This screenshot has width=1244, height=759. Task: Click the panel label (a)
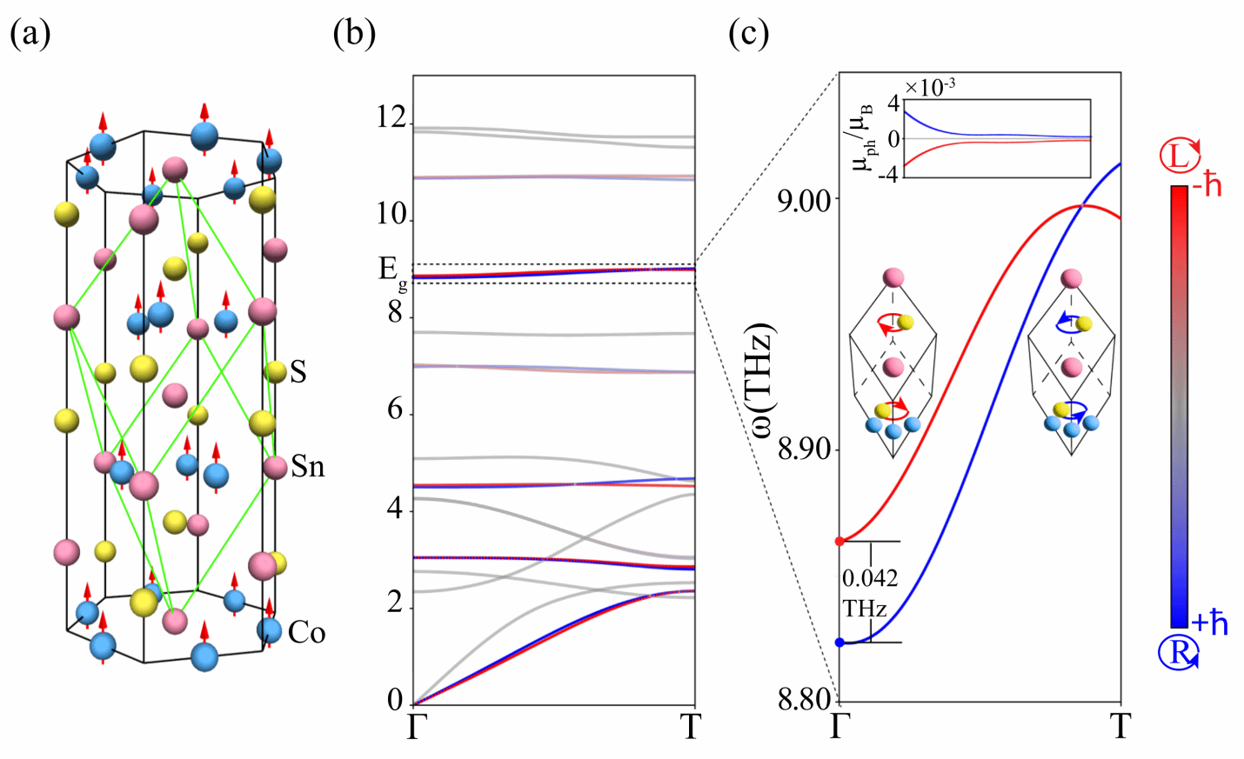[30, 34]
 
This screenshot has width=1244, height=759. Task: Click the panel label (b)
[355, 34]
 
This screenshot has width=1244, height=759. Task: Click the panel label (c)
[749, 34]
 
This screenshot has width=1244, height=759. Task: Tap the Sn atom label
[307, 467]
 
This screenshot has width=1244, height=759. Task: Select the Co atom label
[306, 632]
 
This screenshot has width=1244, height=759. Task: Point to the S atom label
[298, 372]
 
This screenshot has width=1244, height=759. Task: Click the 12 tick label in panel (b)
[391, 117]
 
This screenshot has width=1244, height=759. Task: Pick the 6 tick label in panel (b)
[396, 409]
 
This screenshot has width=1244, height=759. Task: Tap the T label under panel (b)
[691, 727]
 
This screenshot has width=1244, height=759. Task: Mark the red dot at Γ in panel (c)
[839, 542]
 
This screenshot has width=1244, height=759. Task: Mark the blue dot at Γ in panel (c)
[839, 642]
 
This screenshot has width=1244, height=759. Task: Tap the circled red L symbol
[1180, 156]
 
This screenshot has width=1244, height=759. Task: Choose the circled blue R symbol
[1179, 652]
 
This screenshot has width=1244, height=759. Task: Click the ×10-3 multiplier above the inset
[930, 88]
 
